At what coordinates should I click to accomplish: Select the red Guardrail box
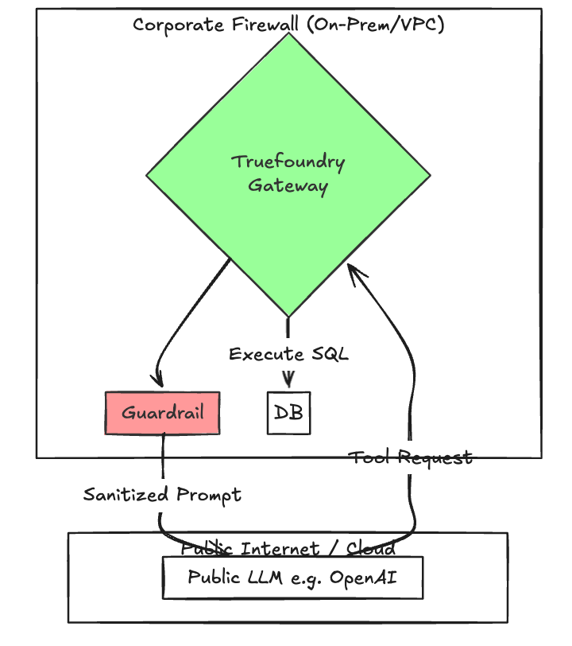point(162,413)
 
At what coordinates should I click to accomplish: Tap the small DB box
point(288,413)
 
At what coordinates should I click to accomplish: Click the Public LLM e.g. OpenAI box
point(292,578)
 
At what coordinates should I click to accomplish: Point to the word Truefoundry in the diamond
point(288,162)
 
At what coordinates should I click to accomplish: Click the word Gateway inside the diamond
point(288,186)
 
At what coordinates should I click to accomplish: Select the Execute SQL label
point(288,354)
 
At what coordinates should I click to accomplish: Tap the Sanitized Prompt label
point(162,495)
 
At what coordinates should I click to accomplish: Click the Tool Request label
point(411,457)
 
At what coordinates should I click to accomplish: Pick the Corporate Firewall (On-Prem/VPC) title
point(288,25)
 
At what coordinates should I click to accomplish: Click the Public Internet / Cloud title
point(288,548)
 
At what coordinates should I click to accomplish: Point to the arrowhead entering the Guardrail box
point(159,379)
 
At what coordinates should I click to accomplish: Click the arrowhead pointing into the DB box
point(288,380)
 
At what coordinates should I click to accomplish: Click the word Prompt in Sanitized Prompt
point(208,495)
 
